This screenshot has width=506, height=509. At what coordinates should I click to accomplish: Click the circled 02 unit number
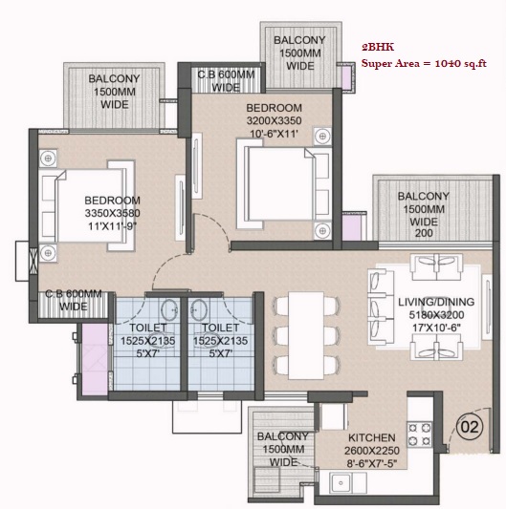tap(470, 427)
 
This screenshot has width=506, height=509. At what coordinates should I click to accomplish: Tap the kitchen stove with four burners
tap(420, 434)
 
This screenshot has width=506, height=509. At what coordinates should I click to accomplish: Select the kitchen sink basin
tap(341, 483)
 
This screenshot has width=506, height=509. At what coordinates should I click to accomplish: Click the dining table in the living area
tap(306, 335)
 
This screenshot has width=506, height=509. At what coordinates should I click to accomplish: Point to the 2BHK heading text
tap(378, 48)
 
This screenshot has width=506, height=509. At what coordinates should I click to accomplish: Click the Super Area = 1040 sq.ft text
tap(424, 63)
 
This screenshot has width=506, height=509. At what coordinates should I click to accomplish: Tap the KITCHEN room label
tap(372, 437)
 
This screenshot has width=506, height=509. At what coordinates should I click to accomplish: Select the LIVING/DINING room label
tap(436, 302)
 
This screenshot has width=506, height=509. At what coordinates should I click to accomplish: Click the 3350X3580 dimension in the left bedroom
tap(112, 213)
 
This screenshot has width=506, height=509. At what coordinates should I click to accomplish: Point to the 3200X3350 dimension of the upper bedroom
tap(274, 120)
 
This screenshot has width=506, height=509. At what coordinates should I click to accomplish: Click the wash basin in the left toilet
tap(169, 308)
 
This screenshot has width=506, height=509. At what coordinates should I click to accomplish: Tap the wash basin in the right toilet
tap(199, 308)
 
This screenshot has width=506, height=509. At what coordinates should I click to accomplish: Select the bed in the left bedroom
tap(87, 205)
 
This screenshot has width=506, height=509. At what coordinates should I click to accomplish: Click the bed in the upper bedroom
tap(283, 184)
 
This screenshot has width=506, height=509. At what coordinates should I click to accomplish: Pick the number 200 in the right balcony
tap(424, 233)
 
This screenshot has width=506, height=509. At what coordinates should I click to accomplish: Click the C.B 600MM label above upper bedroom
tap(226, 74)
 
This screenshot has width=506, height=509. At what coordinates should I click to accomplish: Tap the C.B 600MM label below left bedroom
tap(74, 294)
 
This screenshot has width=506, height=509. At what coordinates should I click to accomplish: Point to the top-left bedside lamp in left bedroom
tap(48, 159)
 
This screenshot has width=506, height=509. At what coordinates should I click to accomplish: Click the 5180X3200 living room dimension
tap(436, 315)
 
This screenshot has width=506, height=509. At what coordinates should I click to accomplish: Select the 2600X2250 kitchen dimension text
tap(372, 451)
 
